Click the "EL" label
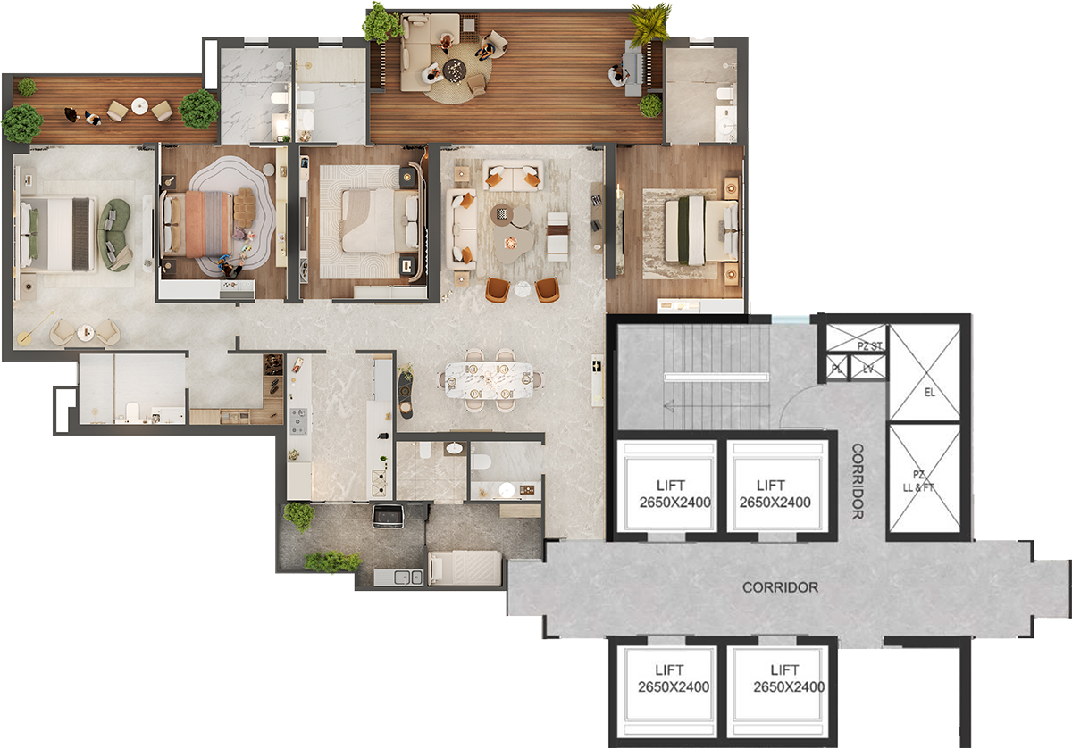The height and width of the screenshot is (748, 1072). click(929, 393)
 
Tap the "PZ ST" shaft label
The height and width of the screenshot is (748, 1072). click(870, 345)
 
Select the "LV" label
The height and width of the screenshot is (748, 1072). click(868, 369)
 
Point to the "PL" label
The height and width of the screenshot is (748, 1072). click(837, 369)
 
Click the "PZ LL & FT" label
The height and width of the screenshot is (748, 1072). click(918, 481)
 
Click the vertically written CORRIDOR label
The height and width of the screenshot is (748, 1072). click(858, 481)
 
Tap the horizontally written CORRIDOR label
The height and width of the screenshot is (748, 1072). click(780, 587)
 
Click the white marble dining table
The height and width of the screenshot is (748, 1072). click(489, 380)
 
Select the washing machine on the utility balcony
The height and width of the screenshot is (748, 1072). click(388, 516)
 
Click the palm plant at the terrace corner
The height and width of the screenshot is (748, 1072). click(650, 24)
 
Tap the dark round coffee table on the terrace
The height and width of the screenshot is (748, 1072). click(454, 71)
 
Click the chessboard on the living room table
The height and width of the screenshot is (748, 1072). click(501, 213)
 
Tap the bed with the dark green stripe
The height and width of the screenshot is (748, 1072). click(701, 230)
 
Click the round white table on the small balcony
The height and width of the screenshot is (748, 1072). click(139, 106)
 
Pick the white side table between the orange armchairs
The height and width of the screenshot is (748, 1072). click(523, 289)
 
